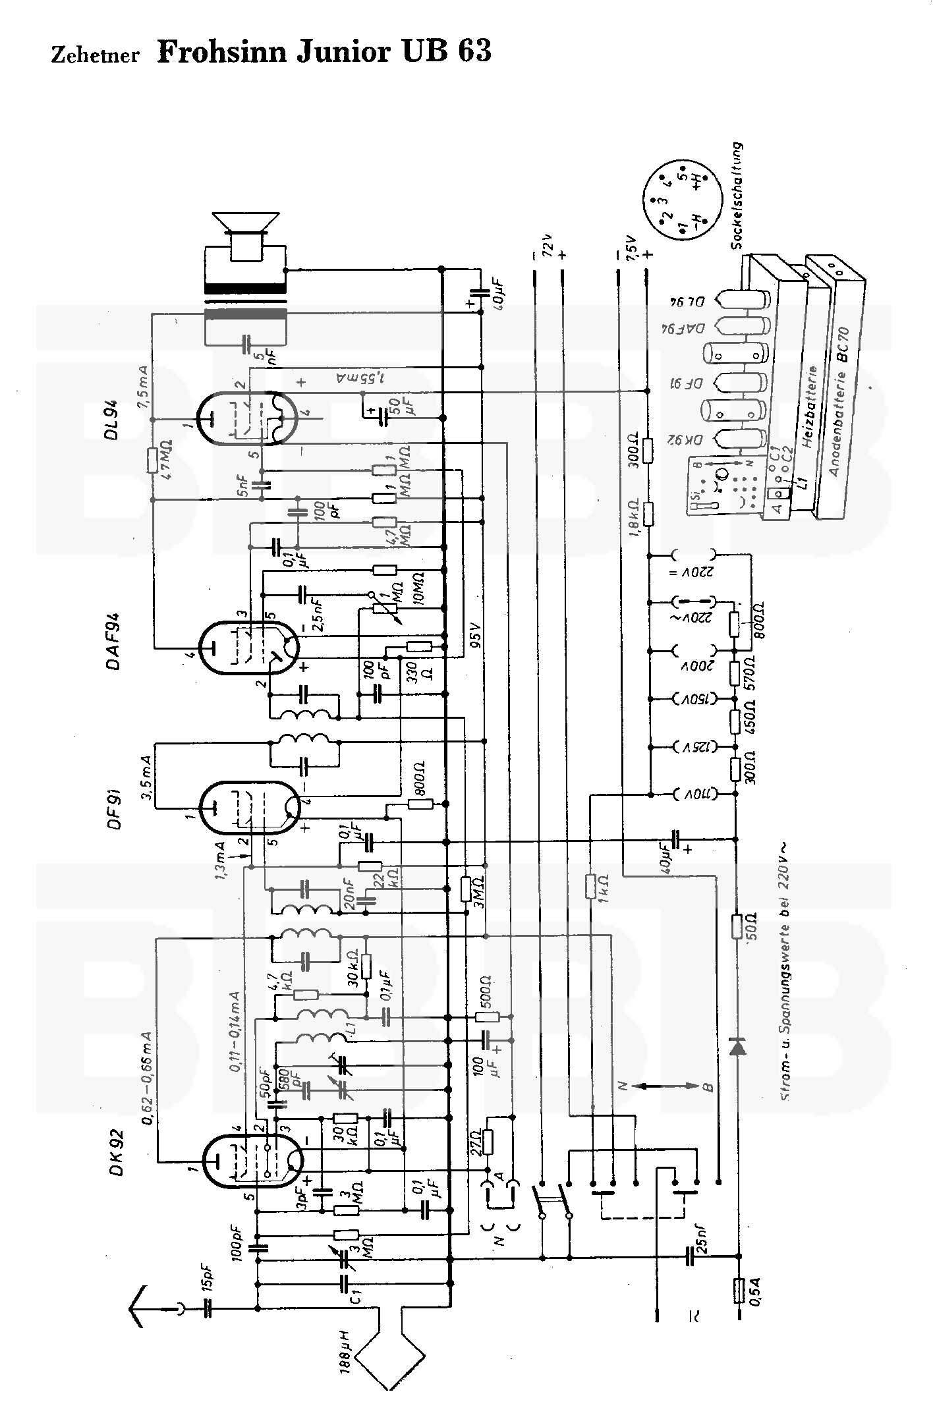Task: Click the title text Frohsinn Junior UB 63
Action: coord(324,52)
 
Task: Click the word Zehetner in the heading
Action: coord(95,55)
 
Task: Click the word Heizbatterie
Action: coord(812,407)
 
